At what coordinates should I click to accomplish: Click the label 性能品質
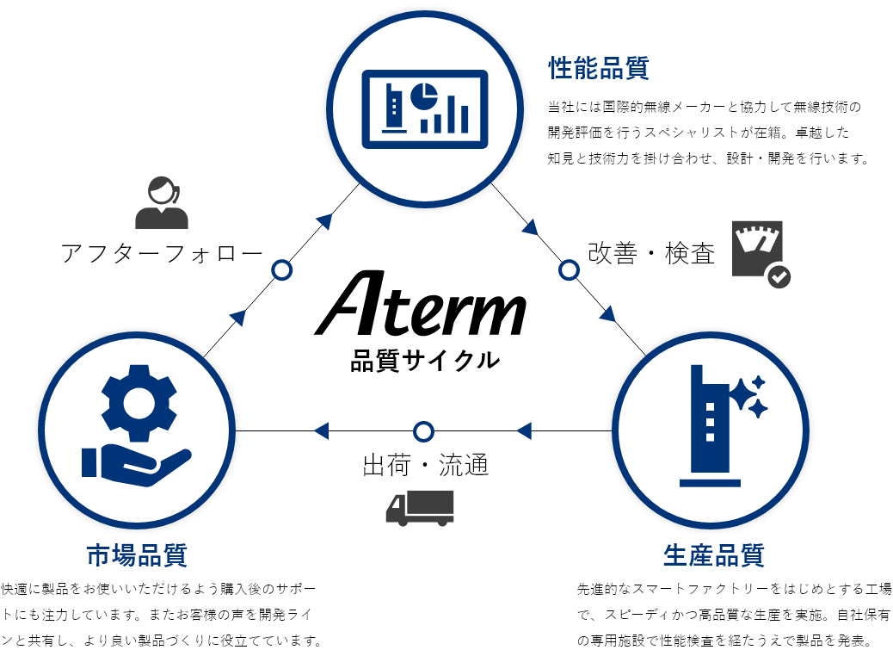[x=599, y=68]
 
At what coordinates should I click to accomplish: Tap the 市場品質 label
[x=137, y=555]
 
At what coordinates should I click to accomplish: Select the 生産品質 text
[x=713, y=555]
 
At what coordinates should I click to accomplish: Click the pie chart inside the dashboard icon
[x=423, y=96]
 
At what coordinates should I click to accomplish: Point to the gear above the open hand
[x=139, y=402]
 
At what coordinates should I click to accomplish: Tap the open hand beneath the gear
[x=138, y=466]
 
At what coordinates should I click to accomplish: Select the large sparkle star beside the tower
[x=742, y=396]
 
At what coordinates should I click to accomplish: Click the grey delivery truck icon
[x=421, y=507]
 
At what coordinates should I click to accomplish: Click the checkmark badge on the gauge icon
[x=779, y=276]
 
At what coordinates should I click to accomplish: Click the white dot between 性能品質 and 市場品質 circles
[x=281, y=270]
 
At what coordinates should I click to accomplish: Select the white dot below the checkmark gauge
[x=569, y=270]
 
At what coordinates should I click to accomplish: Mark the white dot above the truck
[x=423, y=431]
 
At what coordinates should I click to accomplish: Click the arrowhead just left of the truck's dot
[x=322, y=430]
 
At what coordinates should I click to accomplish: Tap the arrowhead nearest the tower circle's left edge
[x=524, y=430]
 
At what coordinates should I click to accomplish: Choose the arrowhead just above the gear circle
[x=238, y=318]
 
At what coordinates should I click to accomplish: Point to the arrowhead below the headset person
[x=324, y=221]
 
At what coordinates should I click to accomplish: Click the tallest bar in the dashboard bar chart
[x=465, y=117]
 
